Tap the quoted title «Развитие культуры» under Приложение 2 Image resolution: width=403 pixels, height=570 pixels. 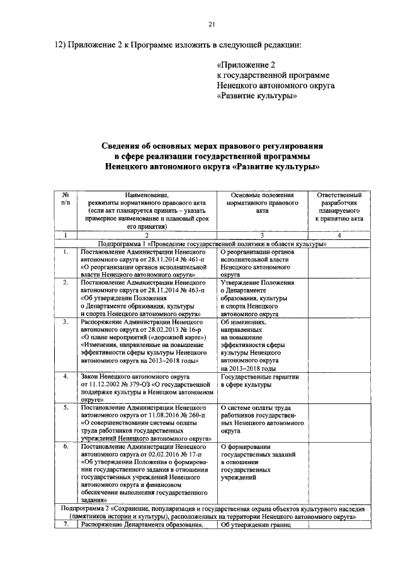point(256,96)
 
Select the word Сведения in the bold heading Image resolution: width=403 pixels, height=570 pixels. point(127,147)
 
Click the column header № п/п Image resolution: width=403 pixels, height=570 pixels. point(65,200)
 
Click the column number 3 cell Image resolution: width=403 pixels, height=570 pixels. point(262,235)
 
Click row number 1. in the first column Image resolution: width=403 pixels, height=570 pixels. point(65,251)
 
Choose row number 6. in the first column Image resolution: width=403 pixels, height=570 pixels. point(65,446)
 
